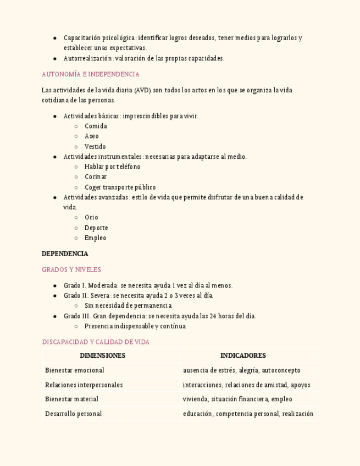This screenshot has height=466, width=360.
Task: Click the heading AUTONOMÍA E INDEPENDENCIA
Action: tap(91, 74)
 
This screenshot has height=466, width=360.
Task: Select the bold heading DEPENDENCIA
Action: tap(65, 254)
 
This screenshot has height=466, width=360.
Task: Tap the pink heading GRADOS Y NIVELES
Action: tap(71, 270)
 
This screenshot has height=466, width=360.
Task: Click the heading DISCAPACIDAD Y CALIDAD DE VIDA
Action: tap(96, 342)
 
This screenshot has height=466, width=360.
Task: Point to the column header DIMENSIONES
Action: tap(102, 356)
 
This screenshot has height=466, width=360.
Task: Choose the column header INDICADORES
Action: tap(243, 356)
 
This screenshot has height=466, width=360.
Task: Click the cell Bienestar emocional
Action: tap(75, 370)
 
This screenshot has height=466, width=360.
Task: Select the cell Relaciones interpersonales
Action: tap(84, 385)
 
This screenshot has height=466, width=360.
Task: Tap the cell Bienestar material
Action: tap(72, 399)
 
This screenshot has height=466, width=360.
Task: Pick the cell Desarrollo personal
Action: tap(74, 414)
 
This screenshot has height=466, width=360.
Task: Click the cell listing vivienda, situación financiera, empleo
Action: tap(237, 399)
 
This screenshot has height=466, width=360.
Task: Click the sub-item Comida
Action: tap(96, 126)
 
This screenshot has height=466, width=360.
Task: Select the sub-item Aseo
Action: tap(92, 136)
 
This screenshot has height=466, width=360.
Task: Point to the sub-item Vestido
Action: tap(95, 147)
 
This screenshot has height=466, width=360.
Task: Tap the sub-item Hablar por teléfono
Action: tap(113, 167)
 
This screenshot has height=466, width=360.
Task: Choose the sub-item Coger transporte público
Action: tap(120, 187)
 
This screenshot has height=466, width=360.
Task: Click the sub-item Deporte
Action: tap(96, 228)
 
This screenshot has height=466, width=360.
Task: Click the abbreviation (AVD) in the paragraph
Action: tap(142, 90)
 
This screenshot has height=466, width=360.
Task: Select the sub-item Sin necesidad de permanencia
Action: tap(128, 306)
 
